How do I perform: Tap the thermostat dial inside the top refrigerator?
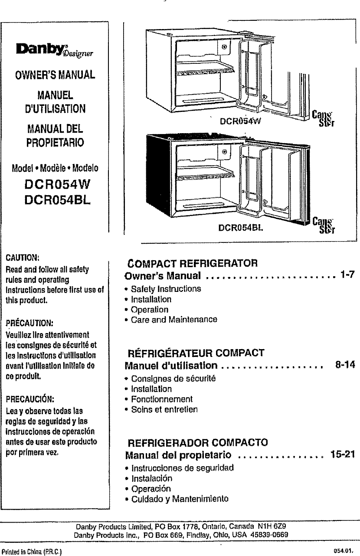point(224,46)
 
